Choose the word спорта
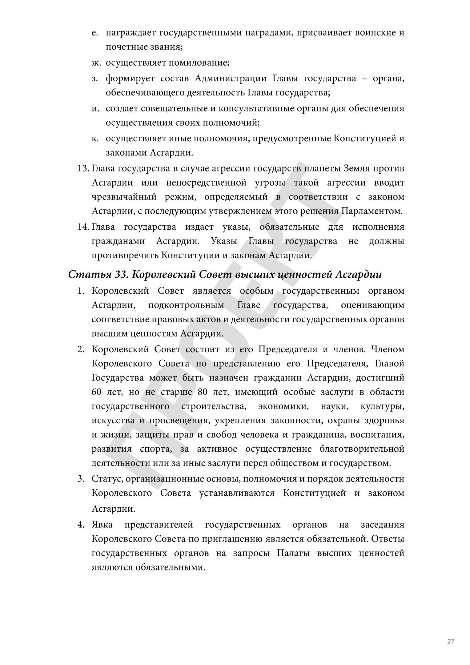[156, 449]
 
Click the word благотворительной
[362, 449]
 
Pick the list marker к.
[95, 139]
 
